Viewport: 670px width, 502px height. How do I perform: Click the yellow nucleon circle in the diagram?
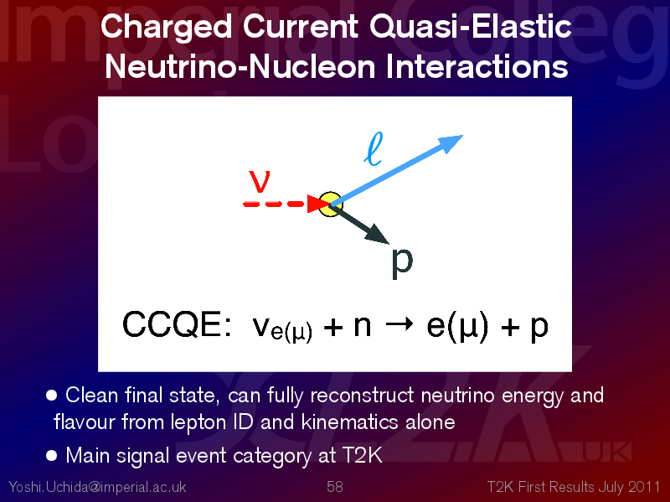pos(330,204)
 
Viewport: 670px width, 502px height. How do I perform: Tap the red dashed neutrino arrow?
pos(286,204)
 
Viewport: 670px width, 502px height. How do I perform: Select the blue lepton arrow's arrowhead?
pos(450,143)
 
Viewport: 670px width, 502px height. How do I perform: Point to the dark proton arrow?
pos(359,225)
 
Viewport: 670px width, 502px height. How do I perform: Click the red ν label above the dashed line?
pos(260,181)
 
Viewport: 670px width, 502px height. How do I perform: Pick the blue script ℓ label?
pos(374,148)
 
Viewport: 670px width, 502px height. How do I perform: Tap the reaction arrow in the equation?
pos(399,323)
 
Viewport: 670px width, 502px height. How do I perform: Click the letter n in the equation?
pos(363,326)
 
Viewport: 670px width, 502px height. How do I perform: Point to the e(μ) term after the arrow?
pos(457,327)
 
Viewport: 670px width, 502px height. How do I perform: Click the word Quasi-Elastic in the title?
pos(471,27)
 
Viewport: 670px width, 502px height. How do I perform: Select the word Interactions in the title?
pos(477,67)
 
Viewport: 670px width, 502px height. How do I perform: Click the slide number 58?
pos(335,487)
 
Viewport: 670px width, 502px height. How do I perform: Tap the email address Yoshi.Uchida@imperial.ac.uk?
pos(97,487)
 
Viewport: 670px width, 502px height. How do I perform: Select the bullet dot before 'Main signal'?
pos(51,455)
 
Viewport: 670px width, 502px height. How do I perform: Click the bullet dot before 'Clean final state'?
pos(51,395)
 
